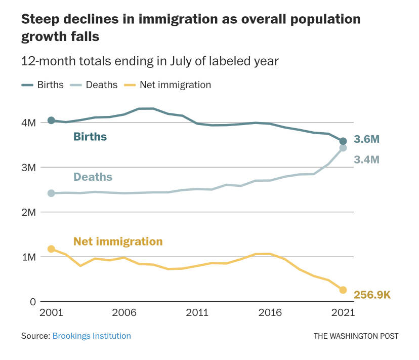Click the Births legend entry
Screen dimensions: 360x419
[x=43, y=85]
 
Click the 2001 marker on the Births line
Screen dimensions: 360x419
[x=51, y=121]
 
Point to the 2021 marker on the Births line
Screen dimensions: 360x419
[x=343, y=141]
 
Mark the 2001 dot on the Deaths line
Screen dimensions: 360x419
[x=51, y=193]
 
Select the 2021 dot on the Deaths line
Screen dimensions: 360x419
[x=343, y=148]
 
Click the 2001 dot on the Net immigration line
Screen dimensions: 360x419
[x=51, y=249]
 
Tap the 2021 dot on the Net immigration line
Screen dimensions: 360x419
[x=343, y=290]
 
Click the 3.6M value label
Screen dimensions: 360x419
[x=366, y=139]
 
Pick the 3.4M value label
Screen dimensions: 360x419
[x=366, y=159]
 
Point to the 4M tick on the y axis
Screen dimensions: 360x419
[x=28, y=123]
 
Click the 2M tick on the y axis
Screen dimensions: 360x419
[x=28, y=212]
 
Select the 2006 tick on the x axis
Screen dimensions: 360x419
[x=124, y=313]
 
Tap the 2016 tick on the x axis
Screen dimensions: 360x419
[x=270, y=313]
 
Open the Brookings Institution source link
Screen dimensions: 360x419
[x=92, y=336]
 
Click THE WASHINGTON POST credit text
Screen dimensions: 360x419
[x=356, y=336]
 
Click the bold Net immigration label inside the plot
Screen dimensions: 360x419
[x=118, y=242]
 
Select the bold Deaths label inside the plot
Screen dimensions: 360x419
[x=93, y=177]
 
